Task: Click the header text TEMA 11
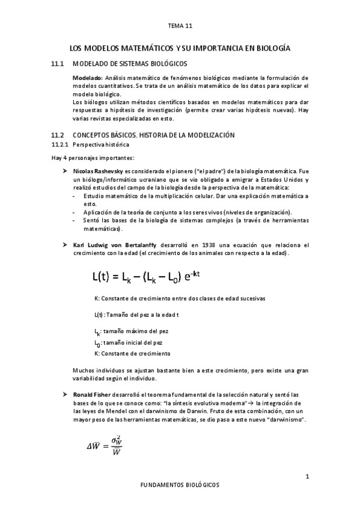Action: [x=180, y=26]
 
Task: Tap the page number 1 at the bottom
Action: [x=307, y=477]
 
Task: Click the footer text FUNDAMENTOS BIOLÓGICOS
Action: [x=180, y=484]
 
